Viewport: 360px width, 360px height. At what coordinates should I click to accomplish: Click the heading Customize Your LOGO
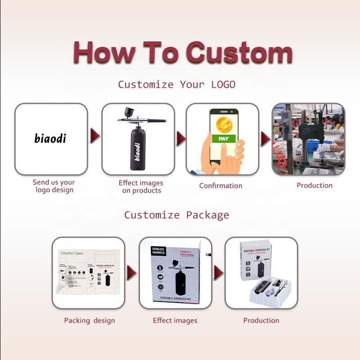point(176,85)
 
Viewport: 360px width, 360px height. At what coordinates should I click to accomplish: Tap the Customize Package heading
point(176,215)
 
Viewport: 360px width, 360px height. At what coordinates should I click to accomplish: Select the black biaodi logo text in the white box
point(50,138)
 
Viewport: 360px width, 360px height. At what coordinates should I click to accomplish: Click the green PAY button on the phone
point(223,139)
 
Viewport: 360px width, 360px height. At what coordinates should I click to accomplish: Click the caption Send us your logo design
point(54,186)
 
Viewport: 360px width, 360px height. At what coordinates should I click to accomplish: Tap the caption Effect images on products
point(141,186)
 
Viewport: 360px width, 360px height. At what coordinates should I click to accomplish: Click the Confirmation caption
point(220,185)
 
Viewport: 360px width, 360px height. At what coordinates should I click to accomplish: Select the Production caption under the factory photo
point(315,185)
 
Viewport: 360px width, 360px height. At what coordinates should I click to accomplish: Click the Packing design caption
point(89,320)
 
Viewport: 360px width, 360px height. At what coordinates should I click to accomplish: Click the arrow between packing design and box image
point(131,272)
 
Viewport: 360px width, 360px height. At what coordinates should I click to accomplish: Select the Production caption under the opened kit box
point(261,320)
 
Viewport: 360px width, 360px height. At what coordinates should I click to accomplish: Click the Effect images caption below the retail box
point(175,320)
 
